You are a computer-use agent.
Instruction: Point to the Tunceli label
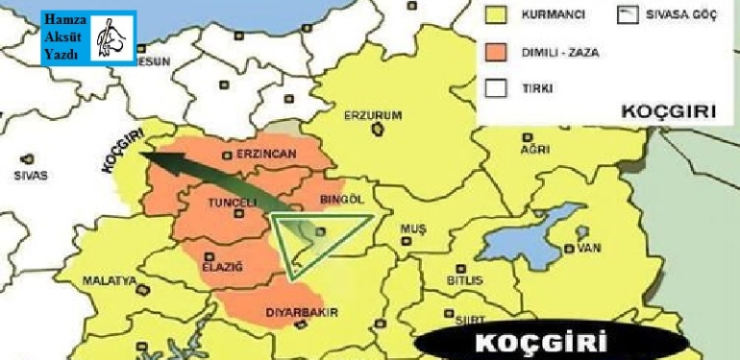click(233, 203)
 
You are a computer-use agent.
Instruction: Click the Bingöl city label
click(340, 199)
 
